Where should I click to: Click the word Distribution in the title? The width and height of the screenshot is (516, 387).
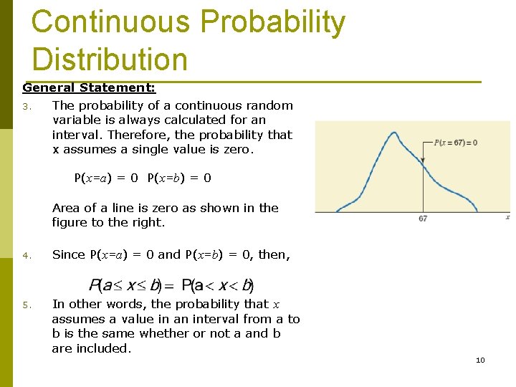[109, 59]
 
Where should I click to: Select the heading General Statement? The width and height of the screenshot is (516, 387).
[89, 87]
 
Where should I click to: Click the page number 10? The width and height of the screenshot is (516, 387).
[480, 360]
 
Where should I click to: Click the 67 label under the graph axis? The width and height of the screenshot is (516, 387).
[423, 219]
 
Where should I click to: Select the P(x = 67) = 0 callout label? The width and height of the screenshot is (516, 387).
[456, 143]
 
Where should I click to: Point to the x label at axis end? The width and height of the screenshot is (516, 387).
[507, 216]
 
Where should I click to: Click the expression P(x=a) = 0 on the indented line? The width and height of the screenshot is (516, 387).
[106, 178]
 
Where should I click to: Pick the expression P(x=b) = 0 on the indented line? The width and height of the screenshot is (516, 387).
[179, 178]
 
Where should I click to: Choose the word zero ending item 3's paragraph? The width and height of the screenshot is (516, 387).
[236, 149]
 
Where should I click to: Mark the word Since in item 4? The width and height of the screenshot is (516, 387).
[68, 254]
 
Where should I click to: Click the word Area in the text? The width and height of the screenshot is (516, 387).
[66, 208]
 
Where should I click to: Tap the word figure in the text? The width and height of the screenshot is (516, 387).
[70, 222]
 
